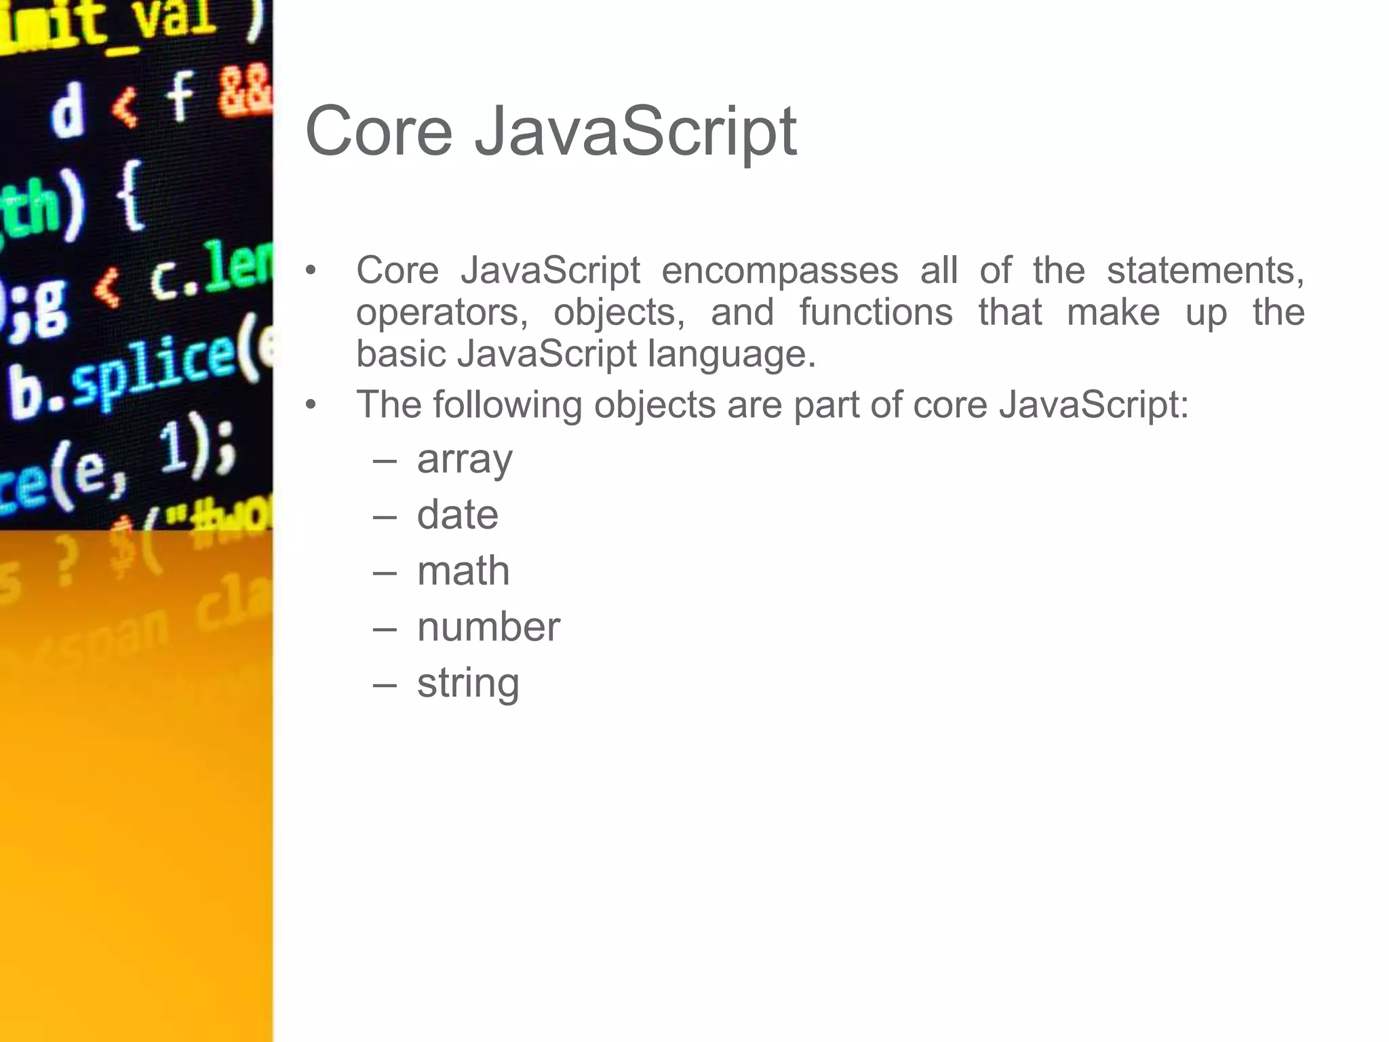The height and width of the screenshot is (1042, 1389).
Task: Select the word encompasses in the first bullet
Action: [x=779, y=271]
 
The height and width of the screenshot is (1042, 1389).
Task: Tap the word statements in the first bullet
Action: [x=1205, y=271]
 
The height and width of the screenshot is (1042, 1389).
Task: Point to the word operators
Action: [x=442, y=313]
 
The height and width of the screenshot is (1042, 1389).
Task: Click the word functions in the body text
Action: [x=876, y=313]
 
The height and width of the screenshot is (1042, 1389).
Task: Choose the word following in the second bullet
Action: [x=507, y=405]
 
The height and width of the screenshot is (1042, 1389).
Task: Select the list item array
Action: [x=465, y=460]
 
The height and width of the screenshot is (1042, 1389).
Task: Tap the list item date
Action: [x=457, y=515]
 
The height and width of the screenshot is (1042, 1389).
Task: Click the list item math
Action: [x=463, y=571]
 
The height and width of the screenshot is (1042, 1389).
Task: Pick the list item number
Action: [x=488, y=627]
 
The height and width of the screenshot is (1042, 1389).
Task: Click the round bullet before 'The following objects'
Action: [x=311, y=405]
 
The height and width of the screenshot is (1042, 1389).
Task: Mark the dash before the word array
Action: [x=385, y=461]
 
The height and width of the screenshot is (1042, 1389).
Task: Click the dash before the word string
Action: [x=385, y=684]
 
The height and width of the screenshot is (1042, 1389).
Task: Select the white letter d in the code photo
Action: [x=68, y=113]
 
